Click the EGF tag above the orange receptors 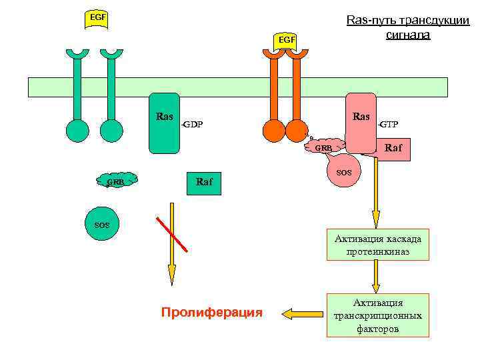click(x=286, y=40)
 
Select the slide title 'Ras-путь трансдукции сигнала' click(x=407, y=27)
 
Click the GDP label click(x=193, y=125)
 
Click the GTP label click(x=389, y=125)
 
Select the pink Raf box click(x=393, y=149)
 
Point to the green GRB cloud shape click(x=117, y=180)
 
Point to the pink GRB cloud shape click(x=324, y=147)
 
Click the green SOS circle click(x=102, y=225)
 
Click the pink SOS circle click(x=344, y=172)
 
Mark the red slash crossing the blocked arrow click(x=172, y=234)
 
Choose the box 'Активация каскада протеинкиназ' click(x=377, y=245)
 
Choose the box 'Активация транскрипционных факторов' click(x=377, y=315)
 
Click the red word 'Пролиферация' click(x=212, y=312)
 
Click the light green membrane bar click(x=237, y=87)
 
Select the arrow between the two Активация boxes click(x=377, y=276)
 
